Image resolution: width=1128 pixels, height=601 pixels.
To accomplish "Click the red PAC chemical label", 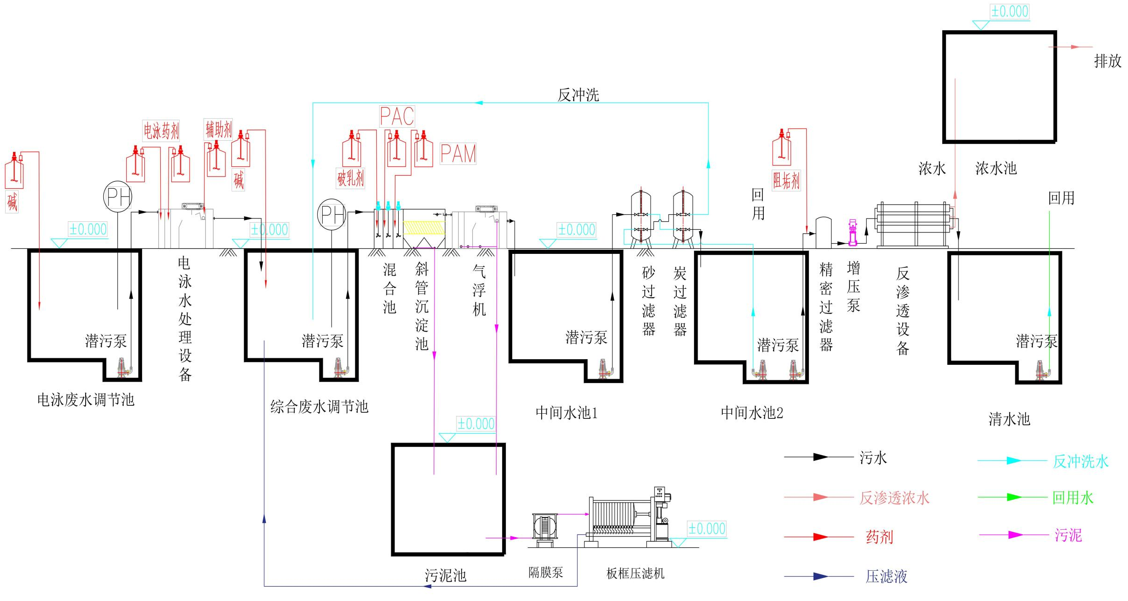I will point(397,116).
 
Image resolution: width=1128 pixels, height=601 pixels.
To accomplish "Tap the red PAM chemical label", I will point(458,154).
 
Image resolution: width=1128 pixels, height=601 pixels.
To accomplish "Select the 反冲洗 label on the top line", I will point(578,95).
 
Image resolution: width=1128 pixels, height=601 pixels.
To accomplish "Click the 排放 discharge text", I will point(1108,61).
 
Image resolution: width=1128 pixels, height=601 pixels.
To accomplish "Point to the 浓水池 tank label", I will point(996,168).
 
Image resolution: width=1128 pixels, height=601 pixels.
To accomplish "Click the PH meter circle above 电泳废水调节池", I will point(117,197).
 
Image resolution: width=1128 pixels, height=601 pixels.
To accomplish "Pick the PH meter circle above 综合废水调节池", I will point(332,215).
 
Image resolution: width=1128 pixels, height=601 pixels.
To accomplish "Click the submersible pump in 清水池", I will point(1040,370).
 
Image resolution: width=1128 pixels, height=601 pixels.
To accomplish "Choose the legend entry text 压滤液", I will point(886,577).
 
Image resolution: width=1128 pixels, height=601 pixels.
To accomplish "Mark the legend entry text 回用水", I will point(1073,498).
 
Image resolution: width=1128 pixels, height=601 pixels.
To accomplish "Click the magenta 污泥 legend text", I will point(1068,535).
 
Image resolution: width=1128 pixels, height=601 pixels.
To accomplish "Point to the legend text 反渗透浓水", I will point(894,498).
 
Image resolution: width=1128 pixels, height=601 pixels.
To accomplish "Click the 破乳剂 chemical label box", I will point(350,178).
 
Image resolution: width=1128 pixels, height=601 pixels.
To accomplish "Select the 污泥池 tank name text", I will point(445,575).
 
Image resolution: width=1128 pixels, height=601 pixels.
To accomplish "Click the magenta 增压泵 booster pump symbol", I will point(853,233).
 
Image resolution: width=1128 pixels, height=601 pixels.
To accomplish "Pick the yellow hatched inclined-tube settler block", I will point(424,227).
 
